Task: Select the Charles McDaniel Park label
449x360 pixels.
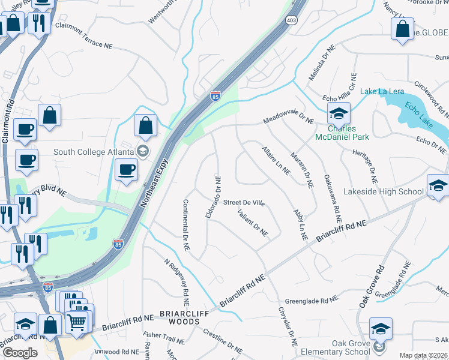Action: [x=342, y=133]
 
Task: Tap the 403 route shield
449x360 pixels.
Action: [x=292, y=20]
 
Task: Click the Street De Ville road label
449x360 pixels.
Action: [x=244, y=203]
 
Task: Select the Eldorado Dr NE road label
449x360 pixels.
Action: [x=213, y=197]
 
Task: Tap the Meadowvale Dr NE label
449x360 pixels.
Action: [x=288, y=121]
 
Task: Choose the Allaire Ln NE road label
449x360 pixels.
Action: [x=276, y=160]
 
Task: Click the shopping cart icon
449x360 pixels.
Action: [x=77, y=323]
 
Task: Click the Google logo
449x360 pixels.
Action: [x=20, y=353]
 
